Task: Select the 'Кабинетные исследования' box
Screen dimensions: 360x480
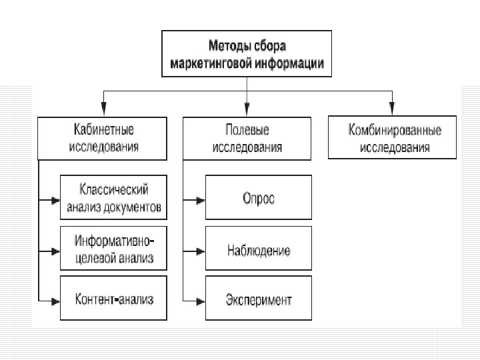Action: pyautogui.click(x=103, y=138)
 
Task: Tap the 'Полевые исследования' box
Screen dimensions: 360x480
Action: pyautogui.click(x=247, y=138)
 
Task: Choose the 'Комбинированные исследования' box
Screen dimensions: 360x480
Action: pyautogui.click(x=392, y=138)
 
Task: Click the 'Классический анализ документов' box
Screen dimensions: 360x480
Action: pyautogui.click(x=113, y=198)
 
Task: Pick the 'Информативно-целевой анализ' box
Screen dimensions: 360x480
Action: pyautogui.click(x=113, y=249)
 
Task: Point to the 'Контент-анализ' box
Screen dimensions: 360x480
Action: pyautogui.click(x=113, y=299)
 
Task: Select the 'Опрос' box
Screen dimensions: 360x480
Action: pyautogui.click(x=258, y=198)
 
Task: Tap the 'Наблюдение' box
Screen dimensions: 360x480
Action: pyautogui.click(x=258, y=251)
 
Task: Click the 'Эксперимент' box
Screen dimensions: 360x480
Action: pyautogui.click(x=258, y=299)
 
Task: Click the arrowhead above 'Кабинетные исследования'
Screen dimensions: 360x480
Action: pyautogui.click(x=103, y=109)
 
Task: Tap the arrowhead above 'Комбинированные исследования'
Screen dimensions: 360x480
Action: pyautogui.click(x=392, y=109)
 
